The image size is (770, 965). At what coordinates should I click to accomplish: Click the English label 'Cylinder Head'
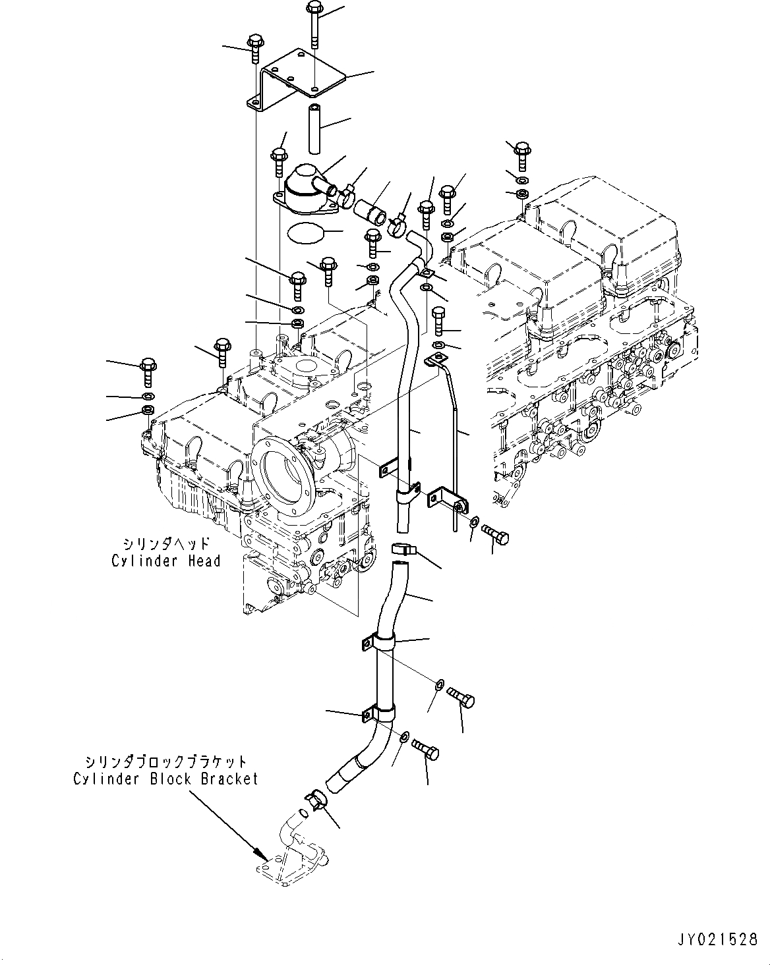[165, 561]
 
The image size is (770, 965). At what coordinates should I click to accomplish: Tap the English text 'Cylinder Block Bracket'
[165, 779]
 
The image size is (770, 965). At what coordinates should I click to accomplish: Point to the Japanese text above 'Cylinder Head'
[165, 543]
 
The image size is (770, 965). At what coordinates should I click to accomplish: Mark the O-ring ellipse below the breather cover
[306, 233]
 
